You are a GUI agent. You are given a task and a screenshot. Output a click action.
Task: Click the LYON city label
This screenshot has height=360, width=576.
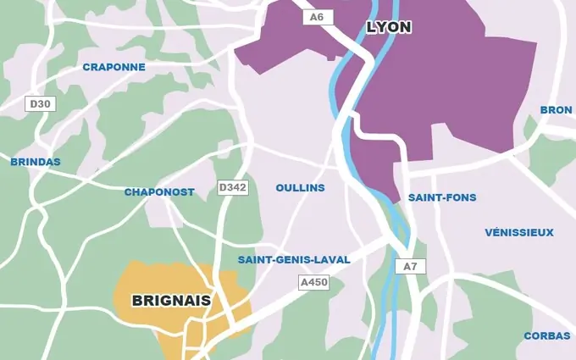pyautogui.click(x=389, y=27)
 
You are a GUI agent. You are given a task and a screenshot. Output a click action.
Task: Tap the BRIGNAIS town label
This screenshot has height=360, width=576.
pyautogui.click(x=171, y=300)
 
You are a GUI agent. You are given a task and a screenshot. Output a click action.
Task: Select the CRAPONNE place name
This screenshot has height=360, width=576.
pyautogui.click(x=114, y=67)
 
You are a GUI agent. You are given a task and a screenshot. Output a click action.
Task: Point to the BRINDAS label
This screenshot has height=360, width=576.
pyautogui.click(x=36, y=161)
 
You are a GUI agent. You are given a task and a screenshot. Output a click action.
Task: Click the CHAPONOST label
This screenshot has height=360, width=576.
pyautogui.click(x=159, y=192)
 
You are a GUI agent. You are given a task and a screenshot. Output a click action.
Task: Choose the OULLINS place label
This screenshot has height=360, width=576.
pyautogui.click(x=300, y=187)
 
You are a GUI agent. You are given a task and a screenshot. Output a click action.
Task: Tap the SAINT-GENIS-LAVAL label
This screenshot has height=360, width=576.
pyautogui.click(x=294, y=259)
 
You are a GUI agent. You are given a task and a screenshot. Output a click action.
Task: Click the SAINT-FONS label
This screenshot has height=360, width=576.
pyautogui.click(x=442, y=197)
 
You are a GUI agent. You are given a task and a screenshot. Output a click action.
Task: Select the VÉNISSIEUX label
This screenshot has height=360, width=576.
pyautogui.click(x=519, y=232)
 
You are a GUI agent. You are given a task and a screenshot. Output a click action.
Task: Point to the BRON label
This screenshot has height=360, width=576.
pyautogui.click(x=556, y=110)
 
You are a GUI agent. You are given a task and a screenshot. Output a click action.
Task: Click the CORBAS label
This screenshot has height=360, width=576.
pyautogui.click(x=546, y=335)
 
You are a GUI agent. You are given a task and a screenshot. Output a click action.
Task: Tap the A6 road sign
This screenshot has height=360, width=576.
pyautogui.click(x=318, y=17)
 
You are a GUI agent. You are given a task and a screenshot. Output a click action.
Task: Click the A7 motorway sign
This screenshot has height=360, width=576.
pyautogui.click(x=411, y=266)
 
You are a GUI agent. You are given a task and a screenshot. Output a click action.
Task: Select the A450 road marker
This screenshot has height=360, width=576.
pyautogui.click(x=313, y=282)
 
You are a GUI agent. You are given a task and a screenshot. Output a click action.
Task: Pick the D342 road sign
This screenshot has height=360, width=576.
pyautogui.click(x=233, y=187)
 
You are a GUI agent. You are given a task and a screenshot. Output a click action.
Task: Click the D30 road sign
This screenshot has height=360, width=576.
pyautogui.click(x=40, y=104)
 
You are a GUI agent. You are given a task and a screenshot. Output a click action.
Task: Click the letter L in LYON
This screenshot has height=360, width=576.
pyautogui.click(x=371, y=27)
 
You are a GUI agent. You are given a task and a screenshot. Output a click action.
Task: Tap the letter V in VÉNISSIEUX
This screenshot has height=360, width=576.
pyautogui.click(x=489, y=232)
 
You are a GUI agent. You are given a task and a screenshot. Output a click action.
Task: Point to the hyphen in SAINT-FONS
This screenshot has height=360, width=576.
pyautogui.click(x=440, y=197)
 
